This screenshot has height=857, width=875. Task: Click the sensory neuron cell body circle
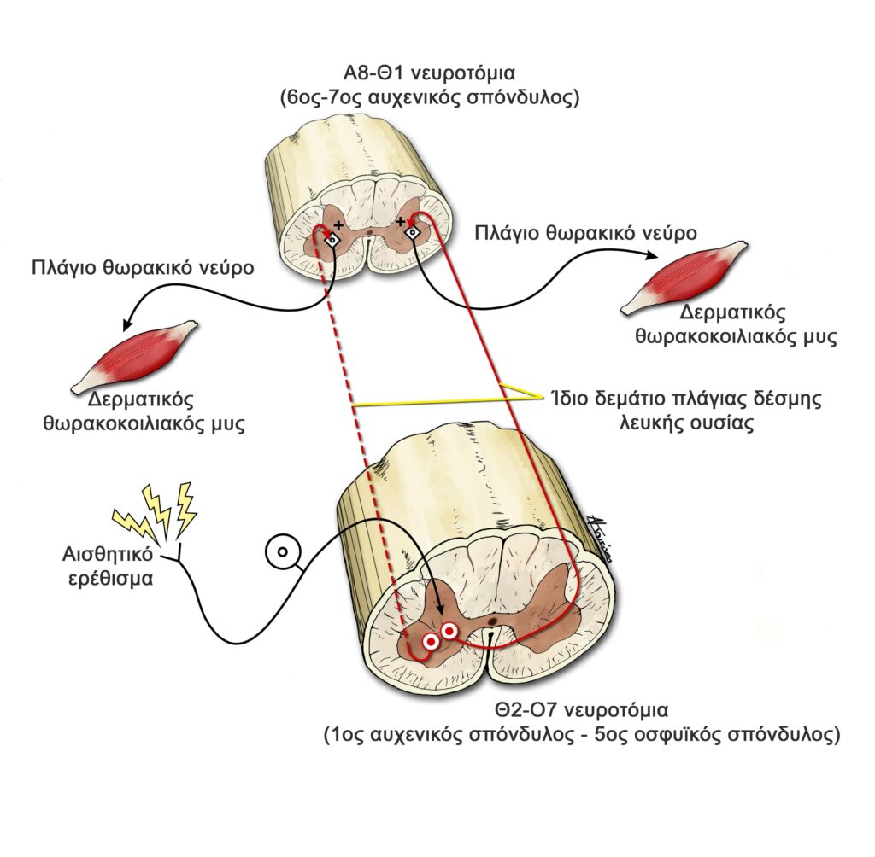pos(279,552)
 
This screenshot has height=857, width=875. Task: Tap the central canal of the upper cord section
pos(368,230)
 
